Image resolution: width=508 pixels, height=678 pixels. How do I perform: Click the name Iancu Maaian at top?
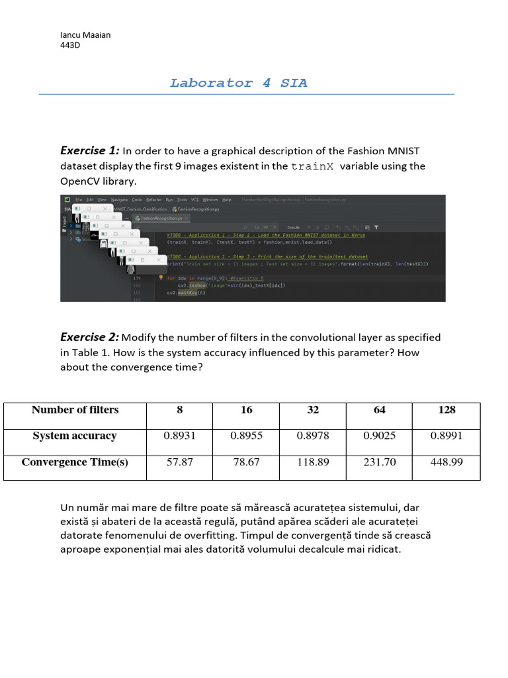coord(85,35)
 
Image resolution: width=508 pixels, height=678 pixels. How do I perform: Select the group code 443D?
coord(70,46)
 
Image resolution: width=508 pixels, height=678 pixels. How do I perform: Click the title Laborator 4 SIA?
coord(238,83)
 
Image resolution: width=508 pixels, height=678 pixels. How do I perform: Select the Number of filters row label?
coord(75,410)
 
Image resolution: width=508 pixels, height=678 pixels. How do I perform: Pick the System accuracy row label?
coord(75,436)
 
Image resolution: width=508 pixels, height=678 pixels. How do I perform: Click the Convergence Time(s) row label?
coord(75,462)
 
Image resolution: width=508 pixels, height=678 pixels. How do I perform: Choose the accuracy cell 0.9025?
coord(380,436)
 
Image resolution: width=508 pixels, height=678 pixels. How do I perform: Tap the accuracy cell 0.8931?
coord(180,436)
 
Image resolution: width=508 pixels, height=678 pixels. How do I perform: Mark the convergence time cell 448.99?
coord(446,462)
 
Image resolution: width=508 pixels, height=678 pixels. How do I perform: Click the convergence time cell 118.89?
coord(313,462)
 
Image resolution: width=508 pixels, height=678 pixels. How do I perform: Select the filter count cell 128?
coord(446,410)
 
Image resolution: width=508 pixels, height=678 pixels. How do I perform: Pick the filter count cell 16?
coord(246,410)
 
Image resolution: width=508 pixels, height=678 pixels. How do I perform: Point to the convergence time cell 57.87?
coord(180,462)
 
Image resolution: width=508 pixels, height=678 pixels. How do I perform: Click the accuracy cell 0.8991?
coord(446,436)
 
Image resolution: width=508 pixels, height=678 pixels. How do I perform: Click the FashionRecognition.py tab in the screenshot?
coord(161,217)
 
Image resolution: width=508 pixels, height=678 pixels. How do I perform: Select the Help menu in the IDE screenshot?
coord(227,199)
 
